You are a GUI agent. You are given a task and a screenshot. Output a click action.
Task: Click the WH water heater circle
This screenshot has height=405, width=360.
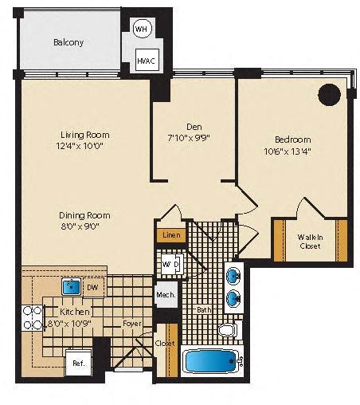pyautogui.click(x=142, y=28)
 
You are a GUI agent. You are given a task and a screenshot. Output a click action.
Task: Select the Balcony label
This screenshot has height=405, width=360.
pyautogui.click(x=68, y=42)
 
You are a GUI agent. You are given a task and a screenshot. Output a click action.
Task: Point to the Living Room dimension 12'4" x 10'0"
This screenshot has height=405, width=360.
pyautogui.click(x=80, y=146)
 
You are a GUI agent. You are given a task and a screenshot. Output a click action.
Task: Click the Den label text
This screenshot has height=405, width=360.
pyautogui.click(x=194, y=127)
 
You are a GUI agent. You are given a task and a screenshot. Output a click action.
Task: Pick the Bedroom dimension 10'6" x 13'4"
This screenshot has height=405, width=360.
pyautogui.click(x=288, y=151)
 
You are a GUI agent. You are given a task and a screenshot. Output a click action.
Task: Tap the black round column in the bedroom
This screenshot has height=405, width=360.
pyautogui.click(x=330, y=95)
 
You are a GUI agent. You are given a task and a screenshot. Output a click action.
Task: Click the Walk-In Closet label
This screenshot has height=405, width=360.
pyautogui.click(x=310, y=242)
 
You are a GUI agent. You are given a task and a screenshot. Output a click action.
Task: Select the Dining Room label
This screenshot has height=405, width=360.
pyautogui.click(x=84, y=215)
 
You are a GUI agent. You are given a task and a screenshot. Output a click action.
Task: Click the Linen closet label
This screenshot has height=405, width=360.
pyautogui.click(x=171, y=235)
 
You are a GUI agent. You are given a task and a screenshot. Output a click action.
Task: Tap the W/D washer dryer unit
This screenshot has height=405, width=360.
pyautogui.click(x=172, y=265)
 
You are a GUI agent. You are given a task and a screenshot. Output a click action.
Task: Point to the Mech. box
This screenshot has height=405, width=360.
pyautogui.click(x=166, y=294)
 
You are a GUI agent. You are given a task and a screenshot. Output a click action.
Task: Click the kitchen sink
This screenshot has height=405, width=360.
pyautogui.click(x=72, y=287)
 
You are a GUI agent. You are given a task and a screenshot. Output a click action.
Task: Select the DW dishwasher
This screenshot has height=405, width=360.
pyautogui.click(x=92, y=287)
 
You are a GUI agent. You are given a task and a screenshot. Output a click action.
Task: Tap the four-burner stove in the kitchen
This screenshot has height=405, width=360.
pyautogui.click(x=33, y=318)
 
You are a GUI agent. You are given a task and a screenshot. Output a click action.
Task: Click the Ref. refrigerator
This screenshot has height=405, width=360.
pyautogui.click(x=79, y=363)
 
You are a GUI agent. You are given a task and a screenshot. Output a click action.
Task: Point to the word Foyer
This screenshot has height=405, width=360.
pyautogui.click(x=132, y=324)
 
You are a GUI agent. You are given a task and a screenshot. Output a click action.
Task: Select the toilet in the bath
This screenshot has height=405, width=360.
pyautogui.click(x=228, y=330)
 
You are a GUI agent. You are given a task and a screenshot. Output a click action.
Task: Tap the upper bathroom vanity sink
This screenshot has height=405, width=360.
pyautogui.click(x=233, y=276)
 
